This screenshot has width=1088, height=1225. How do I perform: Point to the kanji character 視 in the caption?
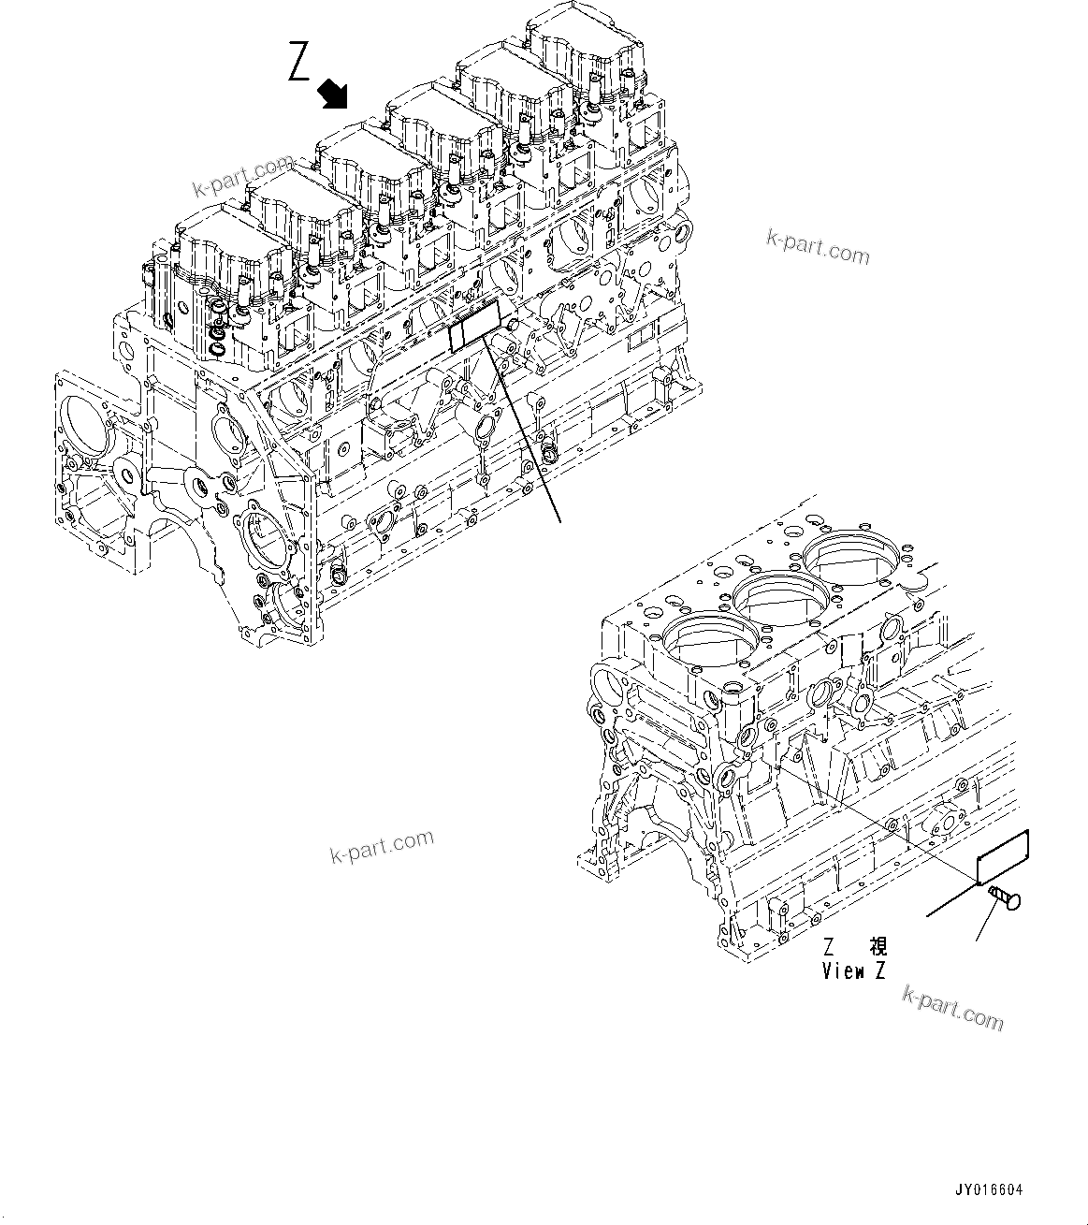coord(878,947)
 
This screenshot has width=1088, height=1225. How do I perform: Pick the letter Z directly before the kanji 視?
coord(829,947)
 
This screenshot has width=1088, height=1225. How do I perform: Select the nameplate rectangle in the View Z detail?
coord(1002,856)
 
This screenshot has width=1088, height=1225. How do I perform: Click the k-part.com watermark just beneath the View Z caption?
coord(952,1008)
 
